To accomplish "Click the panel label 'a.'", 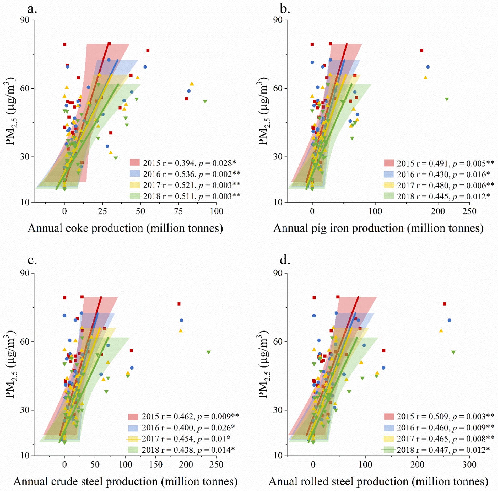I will (x=32, y=9).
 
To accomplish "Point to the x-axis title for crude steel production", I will (x=126, y=481).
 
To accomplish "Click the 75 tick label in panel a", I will (x=179, y=211).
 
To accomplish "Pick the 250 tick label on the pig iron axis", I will (x=469, y=211).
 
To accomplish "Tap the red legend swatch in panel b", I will (x=389, y=163).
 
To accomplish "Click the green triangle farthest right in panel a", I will (x=205, y=102).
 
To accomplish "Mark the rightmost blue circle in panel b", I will (x=428, y=67).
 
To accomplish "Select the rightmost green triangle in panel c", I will (x=209, y=352).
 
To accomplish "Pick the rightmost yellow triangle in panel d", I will (x=441, y=331).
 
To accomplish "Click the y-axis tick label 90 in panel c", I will (x=25, y=273).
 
